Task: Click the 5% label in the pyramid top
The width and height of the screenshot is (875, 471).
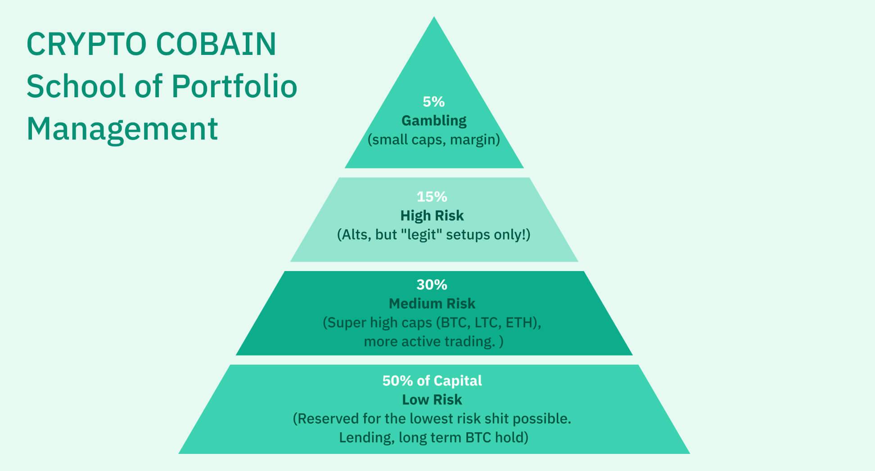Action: tap(433, 102)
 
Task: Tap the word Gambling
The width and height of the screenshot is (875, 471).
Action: tap(434, 121)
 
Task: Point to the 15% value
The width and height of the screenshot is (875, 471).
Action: tap(432, 197)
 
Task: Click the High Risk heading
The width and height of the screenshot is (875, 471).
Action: tap(432, 216)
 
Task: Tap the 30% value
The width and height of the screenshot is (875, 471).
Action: tap(432, 285)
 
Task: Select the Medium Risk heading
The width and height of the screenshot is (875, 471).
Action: tap(432, 303)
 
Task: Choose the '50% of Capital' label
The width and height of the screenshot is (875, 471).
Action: tap(432, 381)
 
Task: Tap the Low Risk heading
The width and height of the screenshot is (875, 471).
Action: tap(432, 400)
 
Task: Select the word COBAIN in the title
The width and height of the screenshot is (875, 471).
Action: tap(216, 44)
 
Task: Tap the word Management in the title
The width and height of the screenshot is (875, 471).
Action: tap(122, 129)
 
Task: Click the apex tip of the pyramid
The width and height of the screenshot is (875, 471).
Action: tap(434, 17)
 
